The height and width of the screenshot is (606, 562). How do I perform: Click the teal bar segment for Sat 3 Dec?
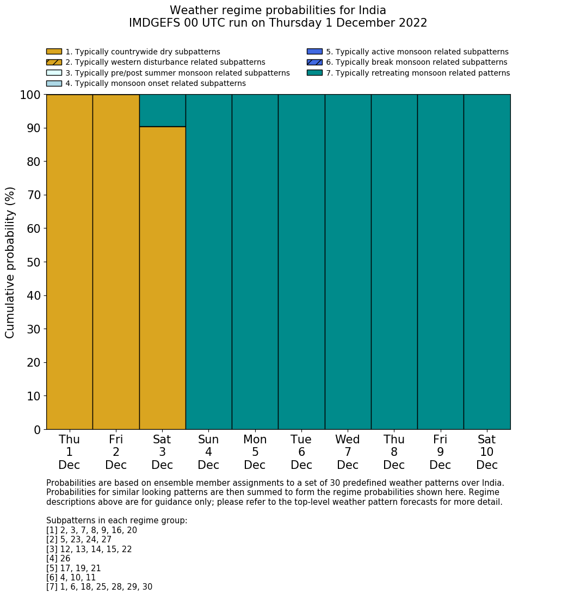[162, 110]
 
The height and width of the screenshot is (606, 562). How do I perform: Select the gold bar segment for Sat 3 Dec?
[162, 277]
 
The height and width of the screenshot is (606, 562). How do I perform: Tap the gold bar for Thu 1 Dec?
[69, 262]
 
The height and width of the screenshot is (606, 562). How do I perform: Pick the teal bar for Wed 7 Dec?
[348, 262]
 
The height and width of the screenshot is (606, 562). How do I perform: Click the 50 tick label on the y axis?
[33, 262]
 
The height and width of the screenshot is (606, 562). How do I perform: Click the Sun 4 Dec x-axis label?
[208, 452]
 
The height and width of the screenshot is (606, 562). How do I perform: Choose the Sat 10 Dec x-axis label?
[486, 452]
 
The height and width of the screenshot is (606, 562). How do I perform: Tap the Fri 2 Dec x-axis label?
[116, 452]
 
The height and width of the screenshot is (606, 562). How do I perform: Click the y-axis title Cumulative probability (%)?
[10, 262]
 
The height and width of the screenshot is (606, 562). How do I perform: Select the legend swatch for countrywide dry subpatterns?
[54, 52]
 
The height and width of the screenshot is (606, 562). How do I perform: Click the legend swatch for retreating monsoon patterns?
[314, 73]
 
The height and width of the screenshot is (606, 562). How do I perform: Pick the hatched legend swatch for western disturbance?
[54, 62]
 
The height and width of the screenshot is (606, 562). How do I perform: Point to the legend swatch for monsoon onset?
[54, 83]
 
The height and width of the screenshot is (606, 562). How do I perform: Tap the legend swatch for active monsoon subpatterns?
[314, 52]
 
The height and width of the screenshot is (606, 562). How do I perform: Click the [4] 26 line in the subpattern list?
[58, 559]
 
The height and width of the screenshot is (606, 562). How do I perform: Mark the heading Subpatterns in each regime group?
[116, 521]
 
